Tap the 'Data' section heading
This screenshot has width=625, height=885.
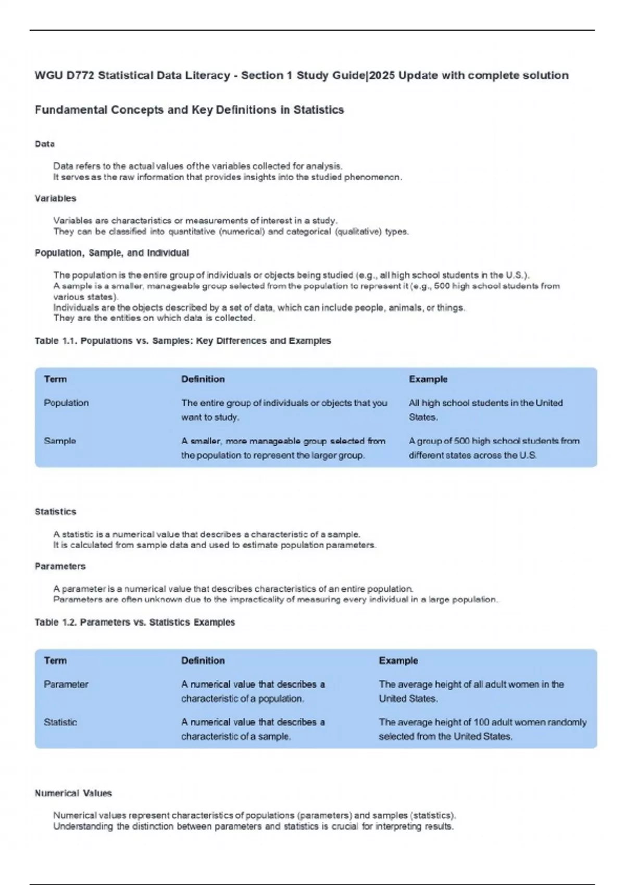pyautogui.click(x=45, y=144)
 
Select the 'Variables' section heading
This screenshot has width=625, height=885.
pyautogui.click(x=55, y=198)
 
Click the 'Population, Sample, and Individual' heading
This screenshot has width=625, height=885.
pyautogui.click(x=111, y=253)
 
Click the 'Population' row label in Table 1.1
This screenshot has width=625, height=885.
pyautogui.click(x=66, y=403)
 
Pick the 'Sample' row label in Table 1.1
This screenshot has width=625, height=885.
pyautogui.click(x=60, y=441)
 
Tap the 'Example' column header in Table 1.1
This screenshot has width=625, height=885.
pyautogui.click(x=428, y=380)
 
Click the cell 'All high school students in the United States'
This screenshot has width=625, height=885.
pyautogui.click(x=485, y=410)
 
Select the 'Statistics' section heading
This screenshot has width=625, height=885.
pyautogui.click(x=55, y=512)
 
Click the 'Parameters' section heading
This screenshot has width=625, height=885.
pyautogui.click(x=60, y=566)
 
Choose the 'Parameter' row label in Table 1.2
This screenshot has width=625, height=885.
pyautogui.click(x=66, y=685)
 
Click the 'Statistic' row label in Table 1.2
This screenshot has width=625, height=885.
pyautogui.click(x=60, y=723)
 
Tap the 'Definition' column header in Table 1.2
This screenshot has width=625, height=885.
pyautogui.click(x=203, y=661)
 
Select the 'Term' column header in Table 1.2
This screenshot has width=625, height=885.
pyautogui.click(x=55, y=661)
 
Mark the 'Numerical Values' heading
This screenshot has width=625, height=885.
pyautogui.click(x=73, y=793)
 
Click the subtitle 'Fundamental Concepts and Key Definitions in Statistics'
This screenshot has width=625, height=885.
pyautogui.click(x=189, y=110)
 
